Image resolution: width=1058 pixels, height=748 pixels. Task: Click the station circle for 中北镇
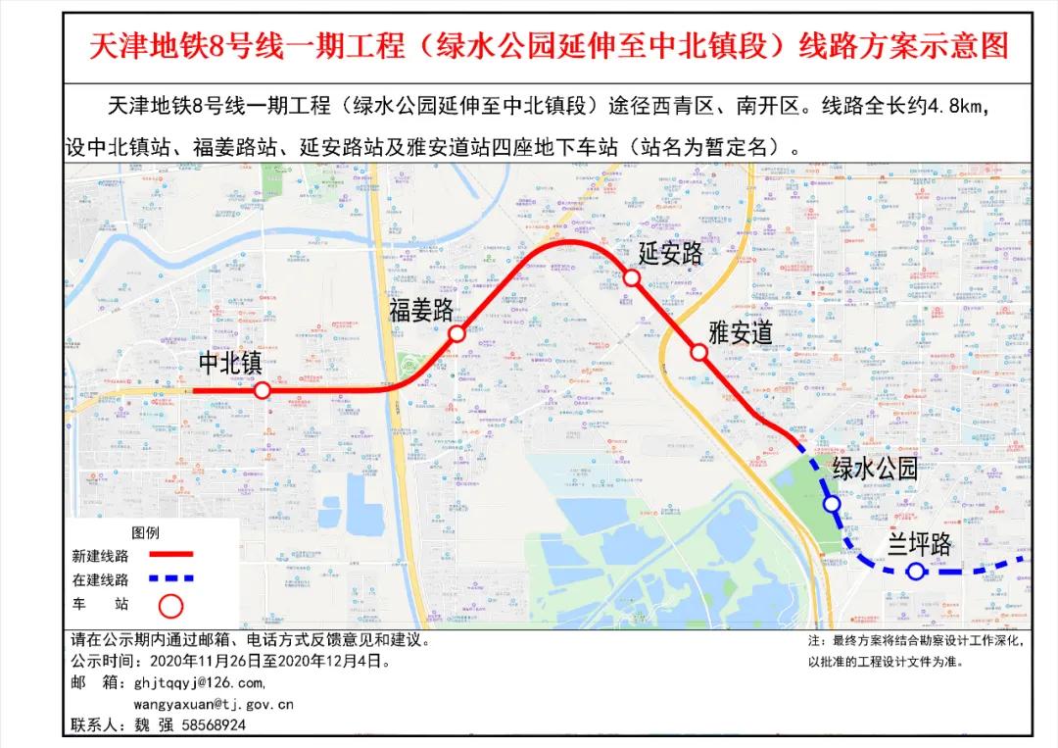(263, 390)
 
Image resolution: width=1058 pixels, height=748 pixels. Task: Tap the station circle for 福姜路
(457, 334)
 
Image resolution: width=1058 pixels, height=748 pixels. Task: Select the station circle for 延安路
(633, 278)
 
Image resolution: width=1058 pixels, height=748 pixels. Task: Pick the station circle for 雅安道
(698, 353)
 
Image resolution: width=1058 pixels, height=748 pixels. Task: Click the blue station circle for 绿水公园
(832, 504)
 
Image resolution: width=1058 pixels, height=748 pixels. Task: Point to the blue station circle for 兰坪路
(915, 572)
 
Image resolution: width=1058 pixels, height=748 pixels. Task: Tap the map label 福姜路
(421, 311)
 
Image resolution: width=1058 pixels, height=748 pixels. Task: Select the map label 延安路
(672, 254)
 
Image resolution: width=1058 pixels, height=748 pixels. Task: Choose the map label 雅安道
(741, 332)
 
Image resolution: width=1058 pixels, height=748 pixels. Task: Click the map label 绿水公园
(875, 469)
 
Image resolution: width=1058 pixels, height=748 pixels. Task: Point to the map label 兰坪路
(920, 545)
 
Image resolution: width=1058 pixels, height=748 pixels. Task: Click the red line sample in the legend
(171, 555)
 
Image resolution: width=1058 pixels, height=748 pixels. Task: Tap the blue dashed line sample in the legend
(171, 579)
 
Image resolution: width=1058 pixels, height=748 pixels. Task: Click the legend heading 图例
(145, 532)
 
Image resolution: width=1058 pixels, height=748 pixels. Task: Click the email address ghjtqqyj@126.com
(199, 682)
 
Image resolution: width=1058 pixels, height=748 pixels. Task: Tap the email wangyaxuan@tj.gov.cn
(214, 704)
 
